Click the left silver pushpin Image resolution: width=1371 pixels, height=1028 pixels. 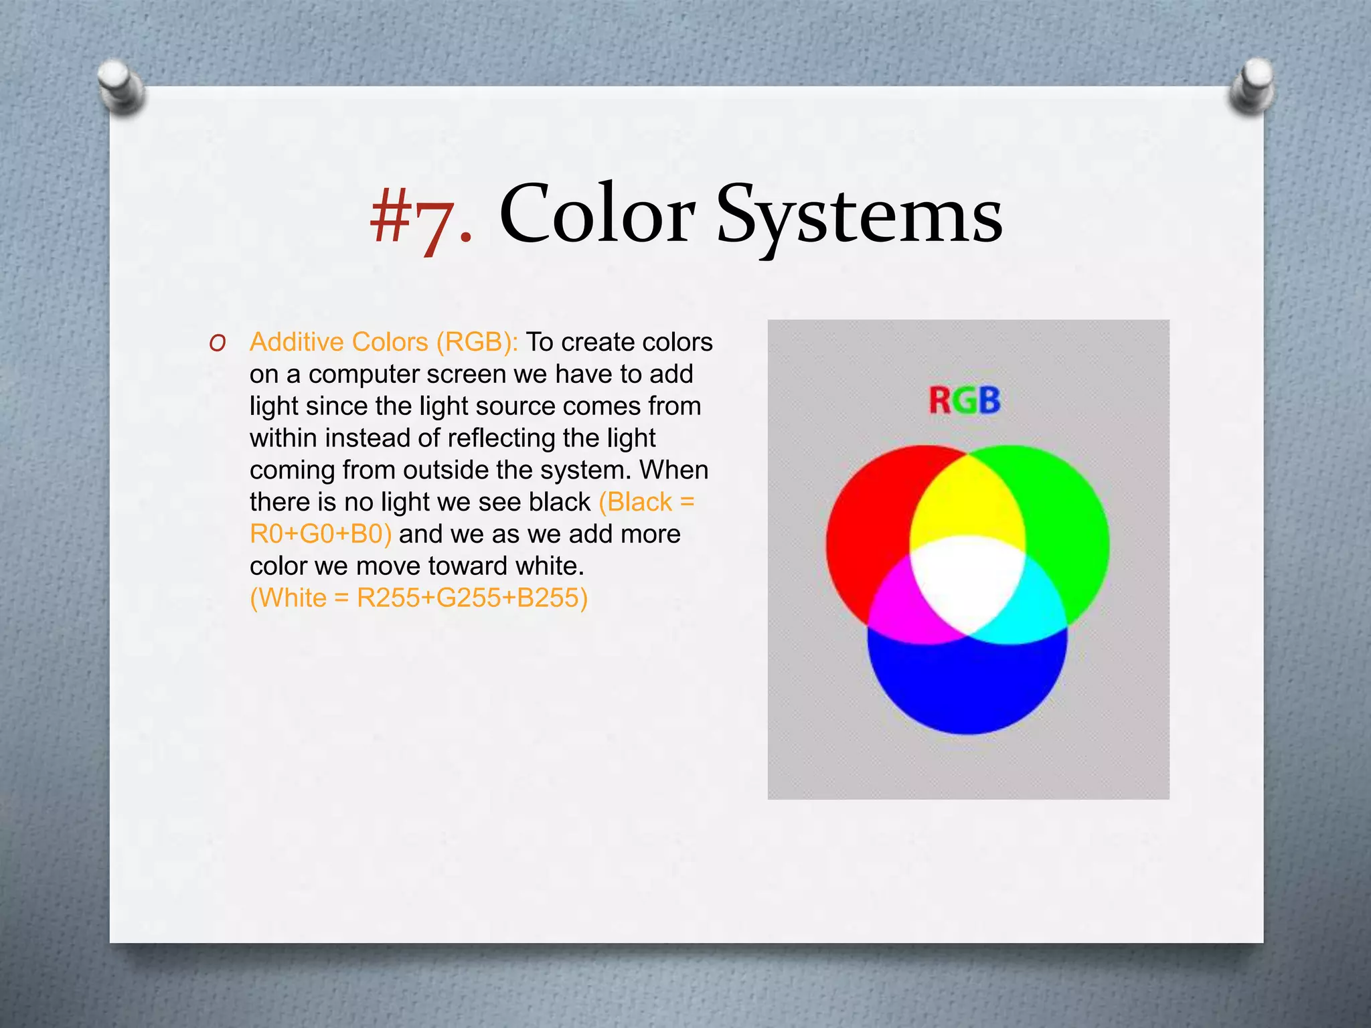click(x=121, y=86)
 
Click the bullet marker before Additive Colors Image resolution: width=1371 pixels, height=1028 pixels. click(x=217, y=343)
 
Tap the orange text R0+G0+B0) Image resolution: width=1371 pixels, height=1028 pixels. click(x=321, y=534)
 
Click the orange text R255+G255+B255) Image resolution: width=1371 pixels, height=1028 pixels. click(x=472, y=598)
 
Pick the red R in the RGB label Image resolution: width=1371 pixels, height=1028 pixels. click(x=940, y=402)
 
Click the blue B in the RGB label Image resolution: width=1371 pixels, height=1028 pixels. click(x=989, y=402)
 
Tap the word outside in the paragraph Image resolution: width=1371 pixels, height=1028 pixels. click(x=445, y=470)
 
